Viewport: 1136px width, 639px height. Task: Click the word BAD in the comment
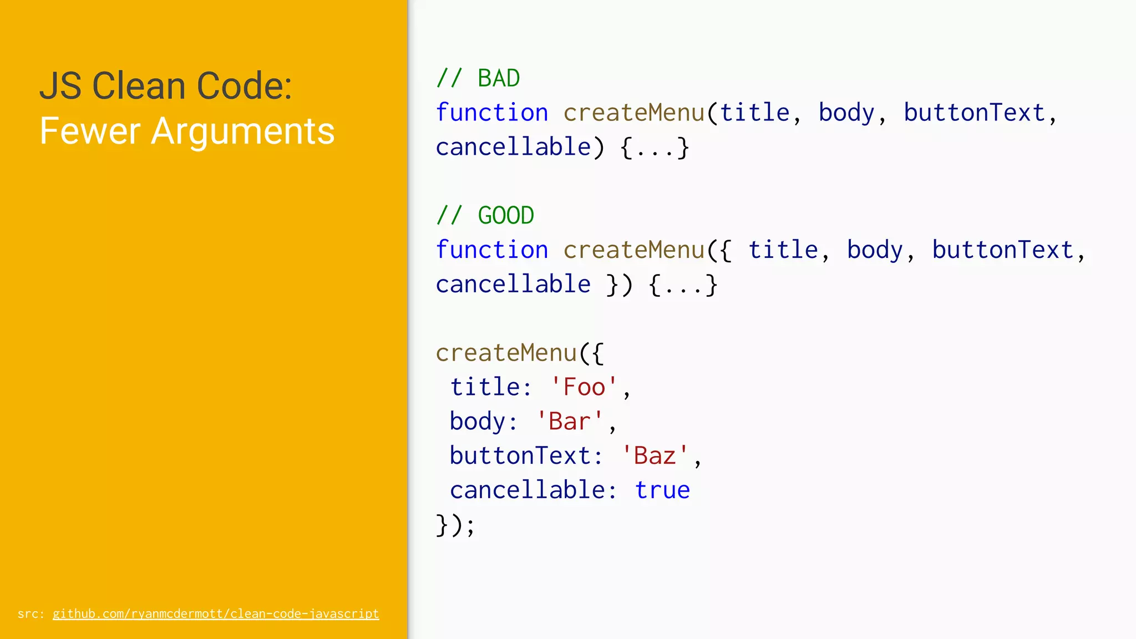[x=499, y=79]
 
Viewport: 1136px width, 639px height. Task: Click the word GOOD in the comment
[x=506, y=216]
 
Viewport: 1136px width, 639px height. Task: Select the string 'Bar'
[x=570, y=422]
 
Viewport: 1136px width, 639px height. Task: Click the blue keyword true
[x=662, y=490]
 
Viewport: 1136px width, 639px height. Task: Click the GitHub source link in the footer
[x=216, y=614]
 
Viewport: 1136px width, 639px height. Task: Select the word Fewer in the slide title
[x=90, y=131]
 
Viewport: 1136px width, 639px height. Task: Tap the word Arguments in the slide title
[x=243, y=131]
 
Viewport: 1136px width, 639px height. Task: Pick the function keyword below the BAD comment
[x=492, y=113]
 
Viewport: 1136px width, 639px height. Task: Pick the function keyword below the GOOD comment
[x=492, y=250]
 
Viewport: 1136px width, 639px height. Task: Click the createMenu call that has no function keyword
[x=506, y=353]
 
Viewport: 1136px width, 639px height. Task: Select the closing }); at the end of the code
[x=455, y=525]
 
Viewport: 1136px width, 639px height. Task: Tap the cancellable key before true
[x=526, y=490]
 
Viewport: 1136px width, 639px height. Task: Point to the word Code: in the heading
[x=244, y=86]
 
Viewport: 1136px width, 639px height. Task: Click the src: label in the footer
[x=31, y=614]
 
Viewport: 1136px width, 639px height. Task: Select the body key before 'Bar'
[x=477, y=422]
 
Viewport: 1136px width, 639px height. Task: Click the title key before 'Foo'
[x=484, y=387]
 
